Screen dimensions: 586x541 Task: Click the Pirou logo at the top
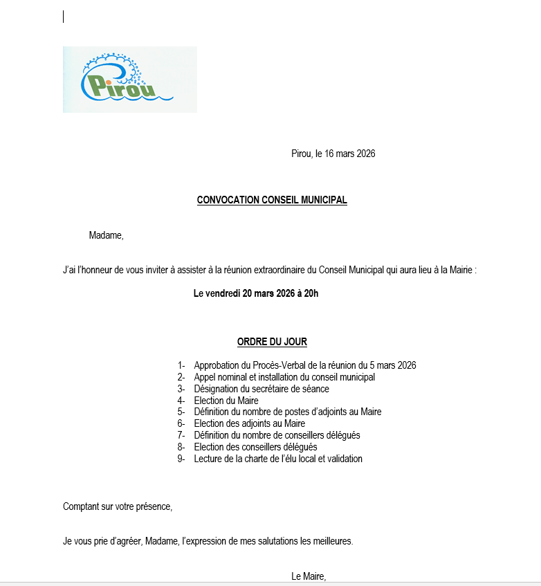129,79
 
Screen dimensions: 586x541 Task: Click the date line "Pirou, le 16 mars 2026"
333,154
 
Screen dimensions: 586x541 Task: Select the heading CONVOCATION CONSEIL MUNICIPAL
272,200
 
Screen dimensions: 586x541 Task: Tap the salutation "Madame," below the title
106,235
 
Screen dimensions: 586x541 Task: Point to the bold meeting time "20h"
311,293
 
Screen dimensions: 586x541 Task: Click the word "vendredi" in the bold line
223,293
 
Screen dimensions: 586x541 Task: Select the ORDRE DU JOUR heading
272,342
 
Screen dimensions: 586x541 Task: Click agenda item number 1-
181,365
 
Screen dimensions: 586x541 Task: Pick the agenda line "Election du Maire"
226,401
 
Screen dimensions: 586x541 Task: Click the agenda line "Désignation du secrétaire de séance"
262,389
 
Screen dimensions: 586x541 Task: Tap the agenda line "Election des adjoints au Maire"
249,423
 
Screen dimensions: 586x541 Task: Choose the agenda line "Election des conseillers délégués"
255,447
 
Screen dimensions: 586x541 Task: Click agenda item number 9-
181,459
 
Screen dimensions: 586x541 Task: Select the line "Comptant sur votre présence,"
118,506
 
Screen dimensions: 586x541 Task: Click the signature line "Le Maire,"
308,576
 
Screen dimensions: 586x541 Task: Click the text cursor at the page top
64,17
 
